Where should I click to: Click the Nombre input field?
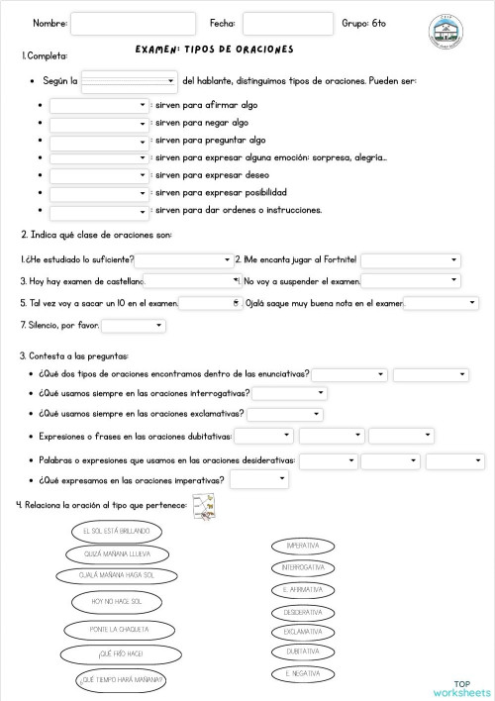(133, 24)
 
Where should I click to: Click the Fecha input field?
(287, 24)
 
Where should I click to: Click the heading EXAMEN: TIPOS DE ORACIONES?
(214, 50)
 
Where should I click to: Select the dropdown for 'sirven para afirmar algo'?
(98, 104)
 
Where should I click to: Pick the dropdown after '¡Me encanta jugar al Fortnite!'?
(410, 260)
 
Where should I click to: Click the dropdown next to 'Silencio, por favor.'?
(133, 325)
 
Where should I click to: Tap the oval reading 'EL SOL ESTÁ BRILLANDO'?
(110, 531)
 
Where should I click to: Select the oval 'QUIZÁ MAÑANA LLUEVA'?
(110, 552)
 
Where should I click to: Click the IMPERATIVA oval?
(302, 546)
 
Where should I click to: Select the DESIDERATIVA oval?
(302, 612)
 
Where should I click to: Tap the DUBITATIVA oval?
(302, 651)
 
